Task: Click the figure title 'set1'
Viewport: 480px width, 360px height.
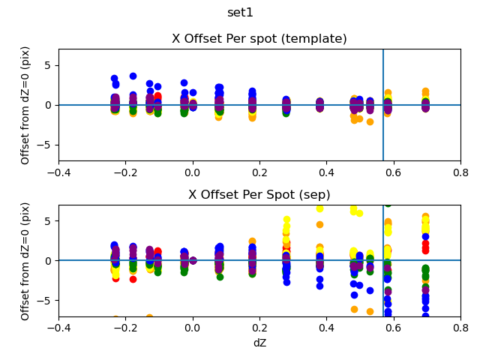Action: coord(240,13)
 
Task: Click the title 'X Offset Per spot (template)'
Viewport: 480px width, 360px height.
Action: coord(259,39)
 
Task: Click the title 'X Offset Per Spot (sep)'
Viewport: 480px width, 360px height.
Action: coord(259,195)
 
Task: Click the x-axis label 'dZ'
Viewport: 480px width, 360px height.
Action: coord(259,343)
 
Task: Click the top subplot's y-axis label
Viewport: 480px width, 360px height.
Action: coord(25,105)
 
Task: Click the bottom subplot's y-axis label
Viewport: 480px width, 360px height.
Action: coord(25,261)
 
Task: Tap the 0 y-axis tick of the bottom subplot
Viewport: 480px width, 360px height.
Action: coord(49,261)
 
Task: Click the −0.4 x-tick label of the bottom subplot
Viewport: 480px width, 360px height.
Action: coord(58,328)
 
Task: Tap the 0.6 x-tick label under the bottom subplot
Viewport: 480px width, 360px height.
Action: coord(394,328)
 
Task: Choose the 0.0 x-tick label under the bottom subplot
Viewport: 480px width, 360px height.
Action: coord(193,328)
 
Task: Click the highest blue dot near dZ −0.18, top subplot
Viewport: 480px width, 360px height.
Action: coord(133,76)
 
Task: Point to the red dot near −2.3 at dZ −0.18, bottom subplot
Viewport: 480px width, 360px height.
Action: coord(133,279)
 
